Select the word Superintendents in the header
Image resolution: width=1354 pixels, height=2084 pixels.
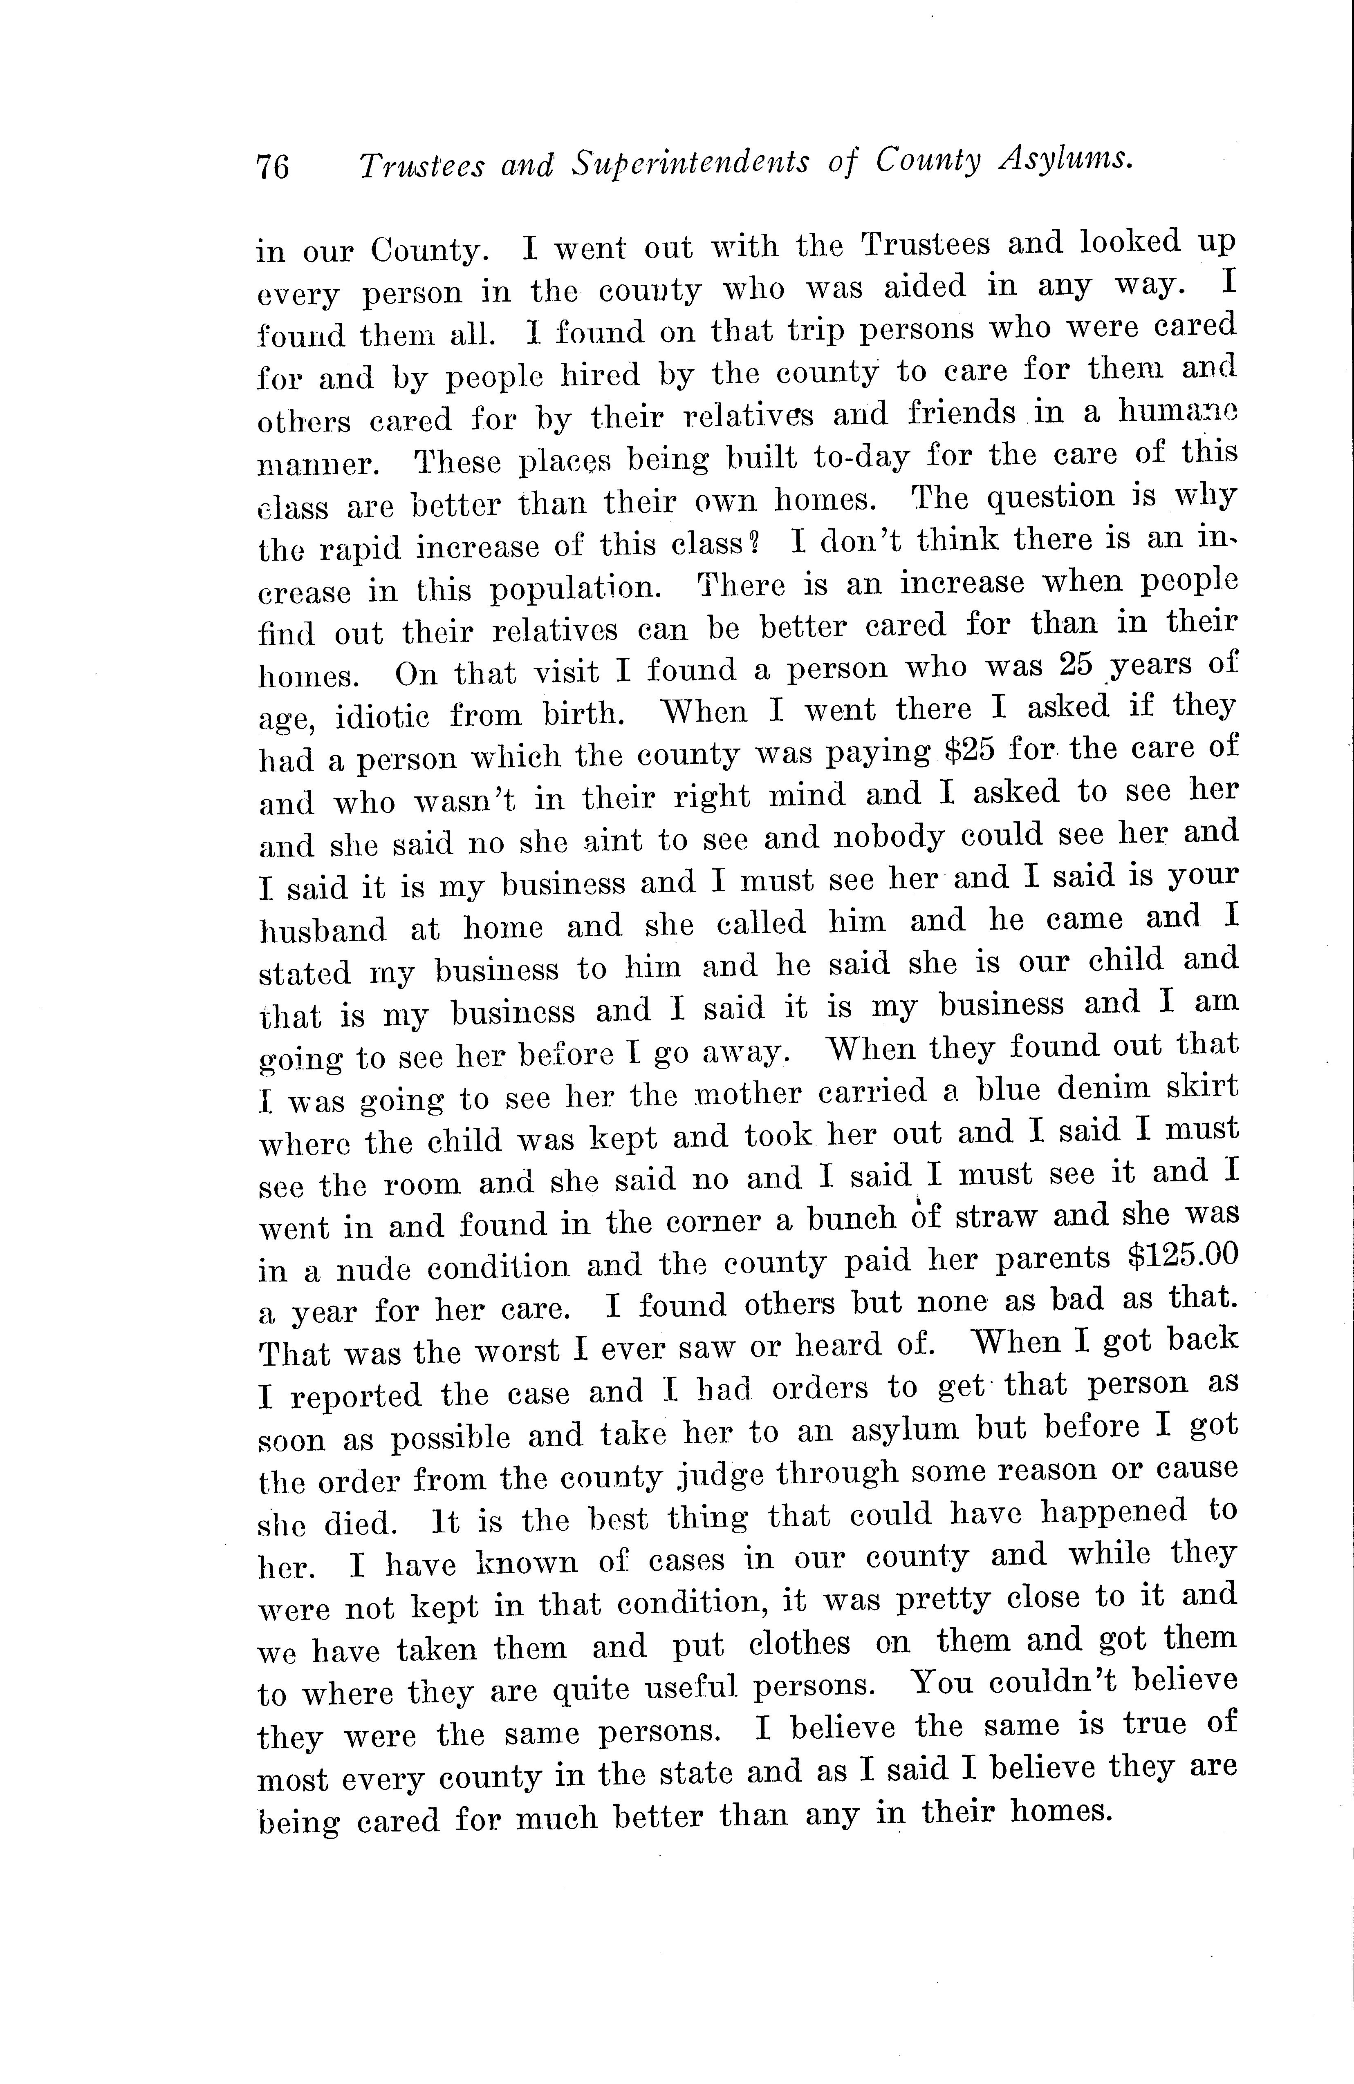(x=691, y=163)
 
